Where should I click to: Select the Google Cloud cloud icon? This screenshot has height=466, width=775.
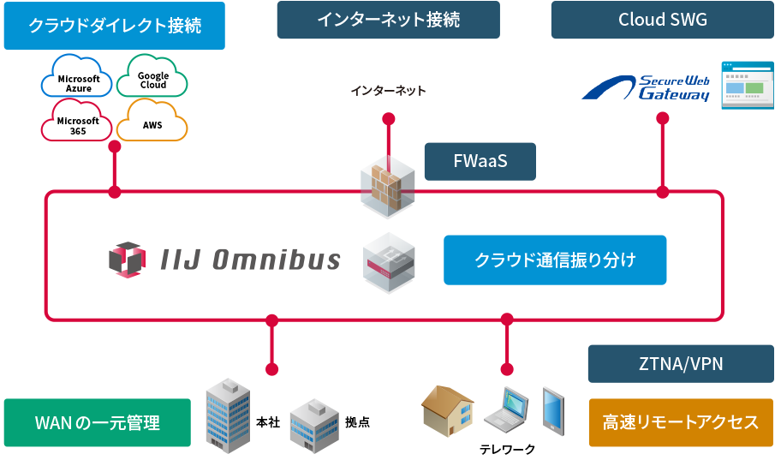click(x=154, y=79)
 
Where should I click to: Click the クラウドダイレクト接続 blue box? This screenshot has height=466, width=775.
click(x=115, y=26)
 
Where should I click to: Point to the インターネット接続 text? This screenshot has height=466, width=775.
click(x=388, y=20)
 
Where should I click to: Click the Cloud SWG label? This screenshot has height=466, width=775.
click(x=663, y=20)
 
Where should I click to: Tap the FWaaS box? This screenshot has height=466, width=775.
click(x=542, y=161)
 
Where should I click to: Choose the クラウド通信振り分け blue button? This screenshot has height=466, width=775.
click(x=555, y=260)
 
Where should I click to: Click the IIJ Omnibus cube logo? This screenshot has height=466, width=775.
click(x=127, y=260)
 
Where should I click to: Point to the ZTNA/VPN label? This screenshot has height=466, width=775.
click(x=681, y=364)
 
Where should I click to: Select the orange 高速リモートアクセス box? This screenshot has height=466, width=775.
click(x=681, y=422)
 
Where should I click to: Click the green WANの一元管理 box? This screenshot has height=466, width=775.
click(x=98, y=422)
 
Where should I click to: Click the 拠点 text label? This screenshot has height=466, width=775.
click(x=357, y=422)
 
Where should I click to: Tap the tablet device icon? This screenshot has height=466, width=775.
click(x=553, y=410)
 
